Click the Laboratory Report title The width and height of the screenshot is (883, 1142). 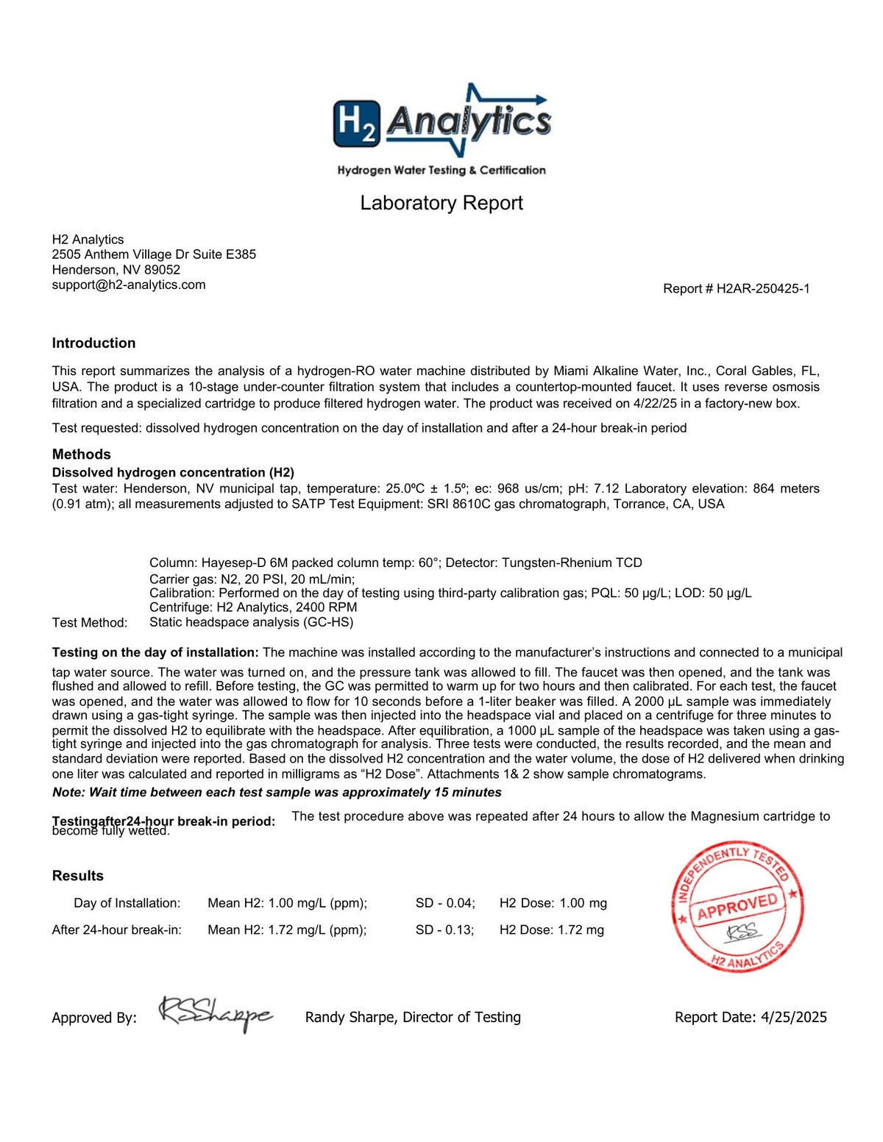441,203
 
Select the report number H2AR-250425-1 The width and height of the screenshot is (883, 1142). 762,289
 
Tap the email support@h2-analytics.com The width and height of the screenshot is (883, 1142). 129,285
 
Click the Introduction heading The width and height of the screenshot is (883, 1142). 93,343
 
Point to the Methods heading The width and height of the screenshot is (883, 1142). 81,454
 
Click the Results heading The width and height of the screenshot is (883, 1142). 77,875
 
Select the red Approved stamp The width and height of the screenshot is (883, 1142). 737,907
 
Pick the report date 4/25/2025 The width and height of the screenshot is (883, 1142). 793,1017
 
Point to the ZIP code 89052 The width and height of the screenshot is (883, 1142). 162,270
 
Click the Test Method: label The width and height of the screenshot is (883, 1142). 89,623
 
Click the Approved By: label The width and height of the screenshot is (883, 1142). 94,1018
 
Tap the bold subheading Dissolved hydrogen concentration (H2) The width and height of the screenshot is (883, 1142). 173,472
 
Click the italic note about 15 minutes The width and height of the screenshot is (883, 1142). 277,792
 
